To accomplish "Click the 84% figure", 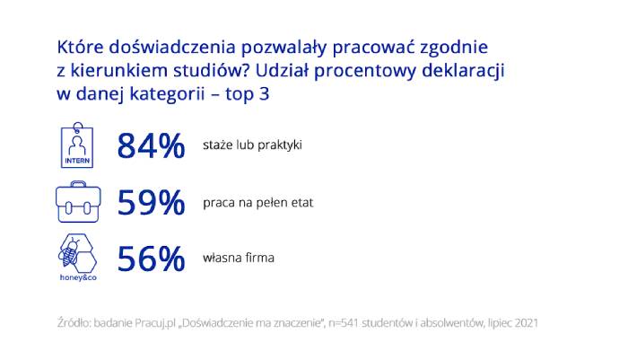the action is (151, 146).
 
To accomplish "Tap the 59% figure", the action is (151, 203).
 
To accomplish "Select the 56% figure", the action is (151, 259).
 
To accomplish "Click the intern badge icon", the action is (77, 145).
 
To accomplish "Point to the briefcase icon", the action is (78, 202).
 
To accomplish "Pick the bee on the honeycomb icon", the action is (70, 252).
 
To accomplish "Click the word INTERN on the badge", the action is (77, 161).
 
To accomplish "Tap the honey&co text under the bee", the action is (78, 277).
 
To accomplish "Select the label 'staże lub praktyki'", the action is (252, 145).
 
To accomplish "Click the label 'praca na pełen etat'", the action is (258, 203).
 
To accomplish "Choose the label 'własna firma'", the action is (239, 258).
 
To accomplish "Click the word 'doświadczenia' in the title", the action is (172, 47).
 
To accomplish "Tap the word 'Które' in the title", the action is (80, 47).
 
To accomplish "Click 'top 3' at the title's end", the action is (247, 94).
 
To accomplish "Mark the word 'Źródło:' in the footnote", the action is (74, 322).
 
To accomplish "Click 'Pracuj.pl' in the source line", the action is (155, 323).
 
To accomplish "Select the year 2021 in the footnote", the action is (527, 323).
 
